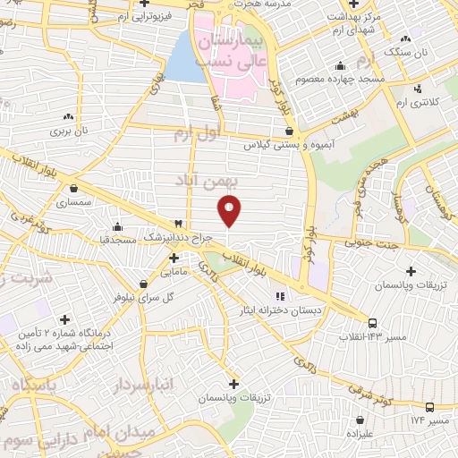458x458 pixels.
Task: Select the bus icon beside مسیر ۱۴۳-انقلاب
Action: (x=372, y=324)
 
